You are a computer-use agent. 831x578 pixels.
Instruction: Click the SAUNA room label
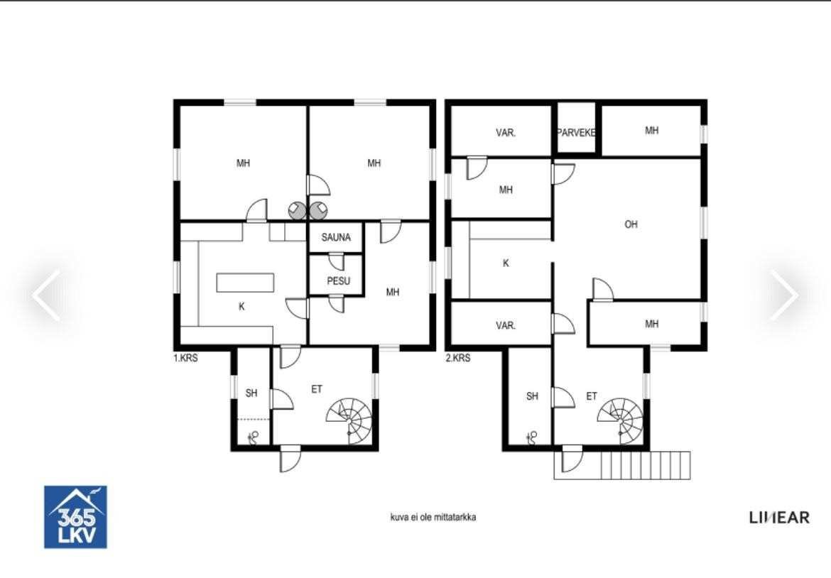336,237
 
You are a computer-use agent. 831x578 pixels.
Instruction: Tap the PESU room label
338,280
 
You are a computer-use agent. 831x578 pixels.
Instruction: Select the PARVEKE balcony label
576,133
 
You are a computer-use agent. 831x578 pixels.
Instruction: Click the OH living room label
631,224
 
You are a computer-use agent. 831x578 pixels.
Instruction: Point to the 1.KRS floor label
185,358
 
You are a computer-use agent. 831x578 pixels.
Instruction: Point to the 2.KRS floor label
458,358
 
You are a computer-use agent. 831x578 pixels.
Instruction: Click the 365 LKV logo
75,517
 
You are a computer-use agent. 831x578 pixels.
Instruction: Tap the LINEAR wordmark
780,518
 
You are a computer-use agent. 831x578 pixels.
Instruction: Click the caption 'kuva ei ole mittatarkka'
433,517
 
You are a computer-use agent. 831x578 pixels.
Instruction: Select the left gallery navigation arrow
46,295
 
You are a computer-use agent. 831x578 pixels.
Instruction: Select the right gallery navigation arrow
784,295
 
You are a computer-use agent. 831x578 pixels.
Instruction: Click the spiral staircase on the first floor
349,421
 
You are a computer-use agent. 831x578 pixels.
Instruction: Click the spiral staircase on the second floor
621,421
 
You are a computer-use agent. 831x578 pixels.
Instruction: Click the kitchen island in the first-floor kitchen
245,283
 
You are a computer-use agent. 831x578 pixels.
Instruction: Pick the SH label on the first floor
251,393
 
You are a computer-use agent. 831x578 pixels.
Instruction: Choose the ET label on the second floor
592,396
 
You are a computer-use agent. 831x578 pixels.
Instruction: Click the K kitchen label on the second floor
506,263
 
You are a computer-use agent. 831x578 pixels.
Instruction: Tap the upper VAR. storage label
506,133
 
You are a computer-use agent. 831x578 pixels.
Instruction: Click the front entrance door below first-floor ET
290,459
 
